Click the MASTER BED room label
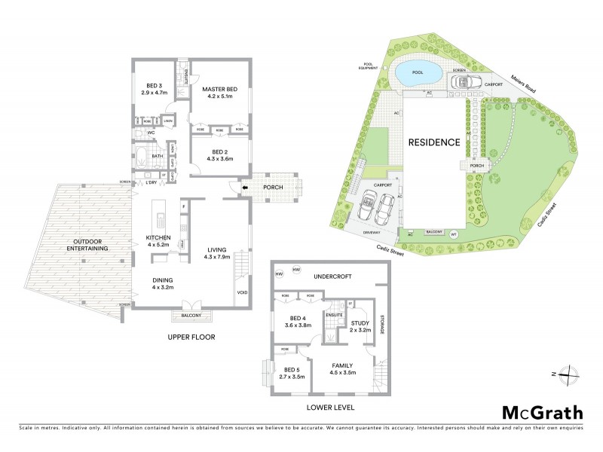219,90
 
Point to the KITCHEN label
159,237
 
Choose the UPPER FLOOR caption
191,337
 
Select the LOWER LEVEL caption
331,407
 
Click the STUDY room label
359,323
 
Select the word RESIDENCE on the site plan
433,142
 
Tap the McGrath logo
542,412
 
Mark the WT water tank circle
454,234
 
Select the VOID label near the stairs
242,293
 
